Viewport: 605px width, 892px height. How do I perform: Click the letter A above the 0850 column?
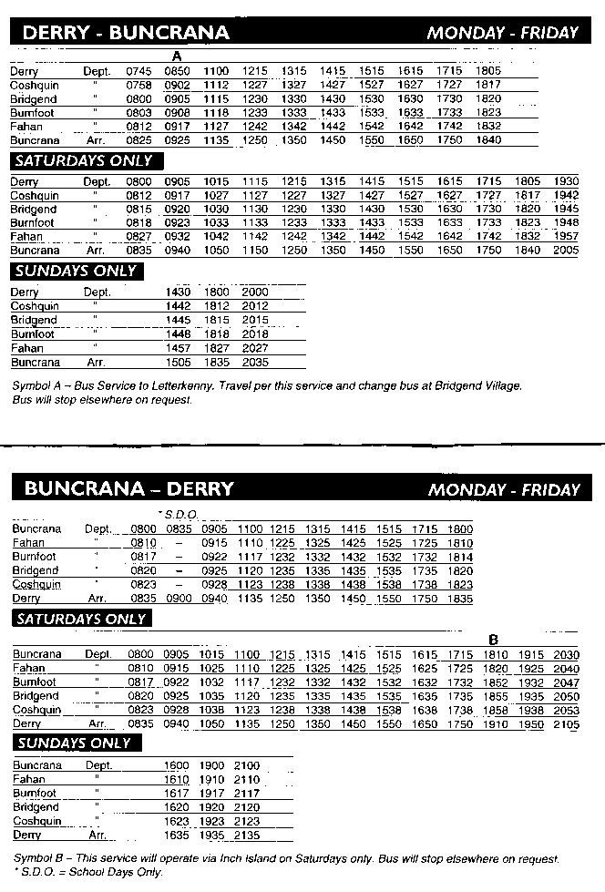point(178,56)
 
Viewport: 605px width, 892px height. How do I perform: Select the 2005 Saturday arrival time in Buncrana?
point(566,250)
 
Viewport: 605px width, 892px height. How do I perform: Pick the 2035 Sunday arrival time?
point(255,362)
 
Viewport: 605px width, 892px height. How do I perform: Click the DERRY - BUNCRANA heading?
point(125,34)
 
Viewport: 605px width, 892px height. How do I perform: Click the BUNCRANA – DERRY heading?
point(128,488)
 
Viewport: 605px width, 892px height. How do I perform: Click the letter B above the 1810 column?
point(493,640)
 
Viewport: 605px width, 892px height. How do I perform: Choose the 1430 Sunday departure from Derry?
point(179,292)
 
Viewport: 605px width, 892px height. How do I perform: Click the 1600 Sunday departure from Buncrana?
point(177,765)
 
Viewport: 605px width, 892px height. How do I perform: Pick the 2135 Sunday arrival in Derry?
point(247,835)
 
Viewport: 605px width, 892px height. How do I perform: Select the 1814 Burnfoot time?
point(461,556)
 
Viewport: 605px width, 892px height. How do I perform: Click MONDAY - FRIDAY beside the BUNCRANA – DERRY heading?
point(504,489)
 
